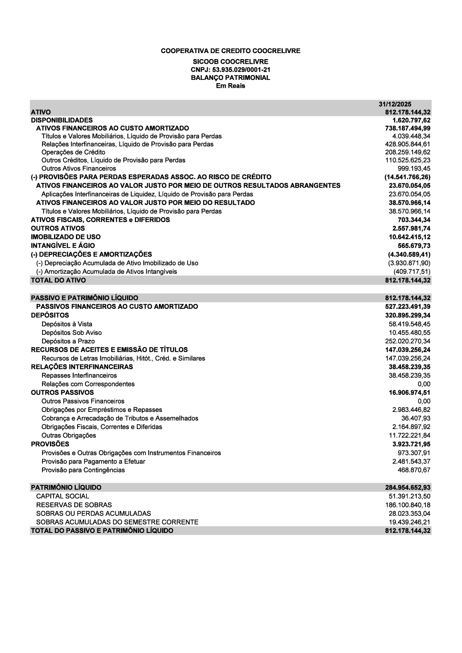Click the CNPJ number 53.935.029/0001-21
231,70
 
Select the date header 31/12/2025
395,104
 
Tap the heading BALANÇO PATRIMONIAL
231,78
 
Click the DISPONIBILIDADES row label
61,120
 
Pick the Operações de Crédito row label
73,152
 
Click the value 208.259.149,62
407,152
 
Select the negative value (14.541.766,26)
407,177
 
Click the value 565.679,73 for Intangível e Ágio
414,246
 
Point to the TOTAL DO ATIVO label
58,280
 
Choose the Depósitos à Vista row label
67,324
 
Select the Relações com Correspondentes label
88,384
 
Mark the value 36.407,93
416,418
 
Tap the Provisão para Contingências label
83,470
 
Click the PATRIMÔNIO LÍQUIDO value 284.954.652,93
407,488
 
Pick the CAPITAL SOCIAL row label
62,496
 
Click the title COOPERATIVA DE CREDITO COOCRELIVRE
231,51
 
